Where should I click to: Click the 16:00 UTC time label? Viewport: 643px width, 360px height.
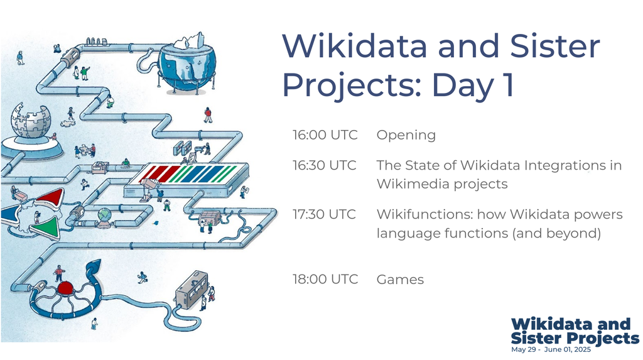click(325, 135)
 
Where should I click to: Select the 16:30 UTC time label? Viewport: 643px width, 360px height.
click(324, 165)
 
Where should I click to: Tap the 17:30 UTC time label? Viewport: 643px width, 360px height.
click(324, 214)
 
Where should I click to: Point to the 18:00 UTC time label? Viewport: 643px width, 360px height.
click(325, 280)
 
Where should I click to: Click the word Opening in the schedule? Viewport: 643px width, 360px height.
click(406, 136)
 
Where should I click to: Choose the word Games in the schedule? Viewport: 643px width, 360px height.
click(400, 280)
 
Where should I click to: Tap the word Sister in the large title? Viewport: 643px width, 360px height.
click(555, 46)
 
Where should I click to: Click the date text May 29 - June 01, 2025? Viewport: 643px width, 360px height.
click(551, 350)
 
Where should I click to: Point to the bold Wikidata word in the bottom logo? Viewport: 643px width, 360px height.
click(552, 324)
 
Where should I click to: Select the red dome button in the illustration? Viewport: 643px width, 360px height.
click(65, 288)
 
